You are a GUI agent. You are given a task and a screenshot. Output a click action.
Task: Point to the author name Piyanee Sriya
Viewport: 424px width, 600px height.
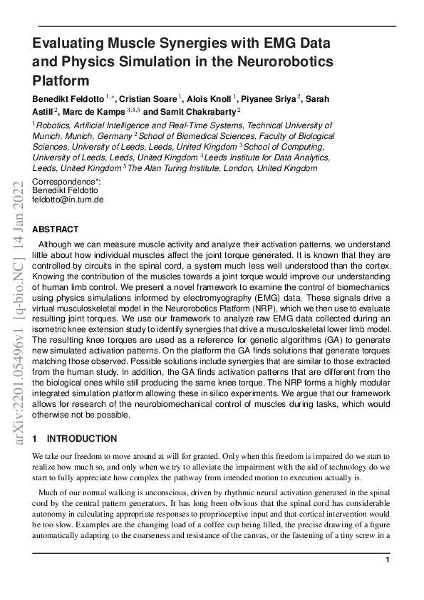(268, 98)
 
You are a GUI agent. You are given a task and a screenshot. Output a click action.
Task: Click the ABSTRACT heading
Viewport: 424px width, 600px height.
(56, 229)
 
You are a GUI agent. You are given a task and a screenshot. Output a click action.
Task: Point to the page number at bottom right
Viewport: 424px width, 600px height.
(387, 561)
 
